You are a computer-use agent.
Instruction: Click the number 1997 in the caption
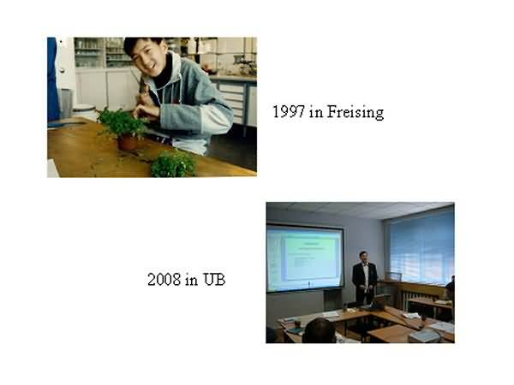(289, 111)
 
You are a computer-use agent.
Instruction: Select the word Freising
(356, 112)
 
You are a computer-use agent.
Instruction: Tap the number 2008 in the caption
(164, 280)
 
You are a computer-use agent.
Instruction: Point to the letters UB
(214, 280)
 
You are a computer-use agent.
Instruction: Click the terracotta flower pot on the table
(128, 143)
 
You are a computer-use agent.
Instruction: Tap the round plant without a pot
(173, 164)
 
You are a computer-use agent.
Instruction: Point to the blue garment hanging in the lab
(53, 80)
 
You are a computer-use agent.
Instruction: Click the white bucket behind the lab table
(85, 112)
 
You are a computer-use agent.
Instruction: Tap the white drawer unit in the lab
(233, 102)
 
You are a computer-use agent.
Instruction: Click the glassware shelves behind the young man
(103, 53)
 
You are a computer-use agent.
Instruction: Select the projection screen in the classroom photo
(305, 258)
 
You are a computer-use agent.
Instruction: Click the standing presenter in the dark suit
(365, 277)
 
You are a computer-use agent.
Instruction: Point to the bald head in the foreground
(319, 330)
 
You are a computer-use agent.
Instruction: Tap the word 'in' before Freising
(316, 112)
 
